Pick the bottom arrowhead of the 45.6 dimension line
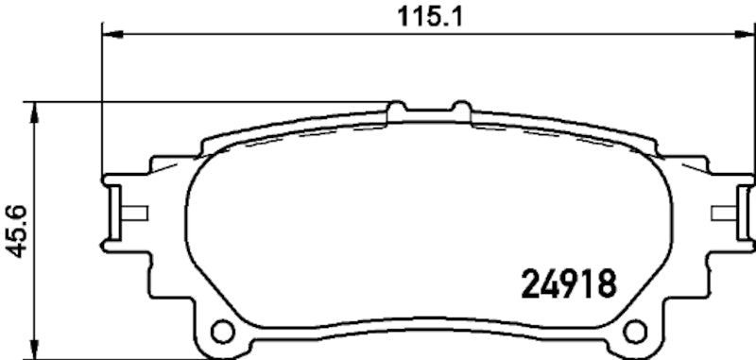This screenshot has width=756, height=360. click(x=36, y=349)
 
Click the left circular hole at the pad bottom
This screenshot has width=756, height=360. click(x=223, y=333)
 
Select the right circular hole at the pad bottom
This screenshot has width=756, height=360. click(x=636, y=333)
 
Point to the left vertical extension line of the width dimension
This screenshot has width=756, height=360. click(x=100, y=104)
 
